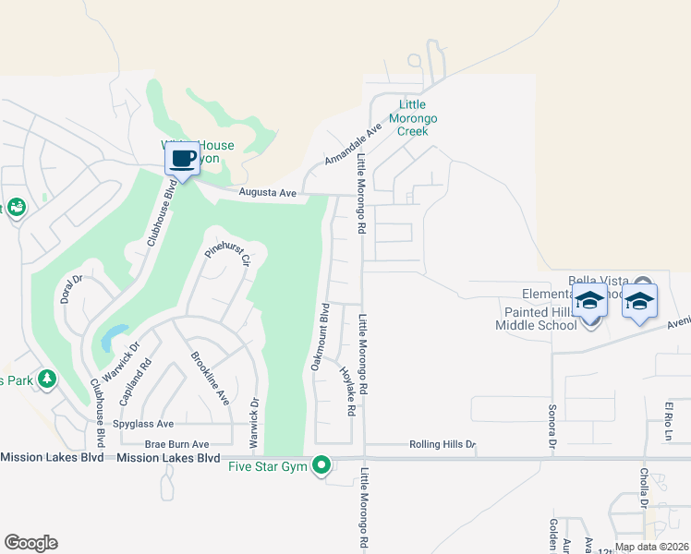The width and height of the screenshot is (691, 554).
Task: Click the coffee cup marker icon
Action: (x=182, y=158)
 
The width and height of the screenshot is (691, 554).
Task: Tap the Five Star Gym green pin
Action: (x=321, y=464)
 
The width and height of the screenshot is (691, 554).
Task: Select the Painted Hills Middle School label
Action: (x=535, y=319)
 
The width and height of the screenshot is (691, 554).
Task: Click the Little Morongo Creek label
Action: (x=418, y=118)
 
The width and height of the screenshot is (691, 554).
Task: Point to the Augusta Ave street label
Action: (x=267, y=193)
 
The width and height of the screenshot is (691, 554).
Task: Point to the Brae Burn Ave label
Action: (x=176, y=444)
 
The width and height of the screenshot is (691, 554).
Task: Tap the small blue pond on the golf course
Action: (x=114, y=336)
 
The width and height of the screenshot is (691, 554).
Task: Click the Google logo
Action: (x=30, y=543)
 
